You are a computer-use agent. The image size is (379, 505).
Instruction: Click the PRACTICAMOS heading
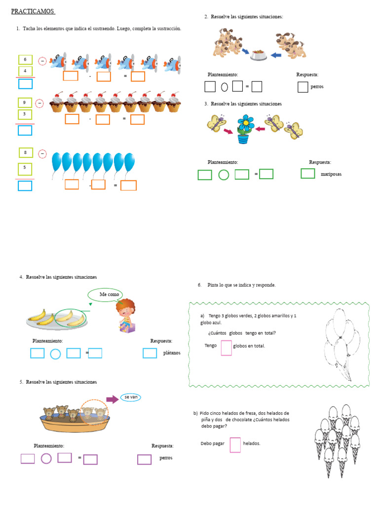(33, 11)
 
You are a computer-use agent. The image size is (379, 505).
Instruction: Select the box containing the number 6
(26, 60)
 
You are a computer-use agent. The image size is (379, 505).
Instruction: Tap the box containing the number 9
(25, 103)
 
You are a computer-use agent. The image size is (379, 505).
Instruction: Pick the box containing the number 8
(26, 153)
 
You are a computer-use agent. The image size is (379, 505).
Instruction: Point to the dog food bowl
(258, 54)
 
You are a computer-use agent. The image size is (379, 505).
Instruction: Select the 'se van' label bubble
(131, 397)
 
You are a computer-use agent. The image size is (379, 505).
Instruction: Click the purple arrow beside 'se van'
(113, 399)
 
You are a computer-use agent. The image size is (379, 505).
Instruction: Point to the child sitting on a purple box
(125, 315)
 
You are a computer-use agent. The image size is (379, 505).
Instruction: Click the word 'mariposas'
(331, 174)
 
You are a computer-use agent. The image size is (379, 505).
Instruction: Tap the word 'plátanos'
(172, 353)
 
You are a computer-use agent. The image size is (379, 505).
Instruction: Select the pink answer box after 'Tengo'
(226, 348)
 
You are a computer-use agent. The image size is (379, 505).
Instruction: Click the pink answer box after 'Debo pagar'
(235, 444)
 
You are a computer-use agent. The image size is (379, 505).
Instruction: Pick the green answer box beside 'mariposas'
(307, 173)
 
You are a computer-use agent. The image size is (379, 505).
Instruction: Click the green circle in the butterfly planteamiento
(224, 175)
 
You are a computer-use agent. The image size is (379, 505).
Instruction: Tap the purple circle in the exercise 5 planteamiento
(46, 459)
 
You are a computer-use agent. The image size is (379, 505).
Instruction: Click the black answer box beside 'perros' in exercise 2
(303, 87)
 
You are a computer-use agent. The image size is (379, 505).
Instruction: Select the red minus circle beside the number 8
(42, 154)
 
